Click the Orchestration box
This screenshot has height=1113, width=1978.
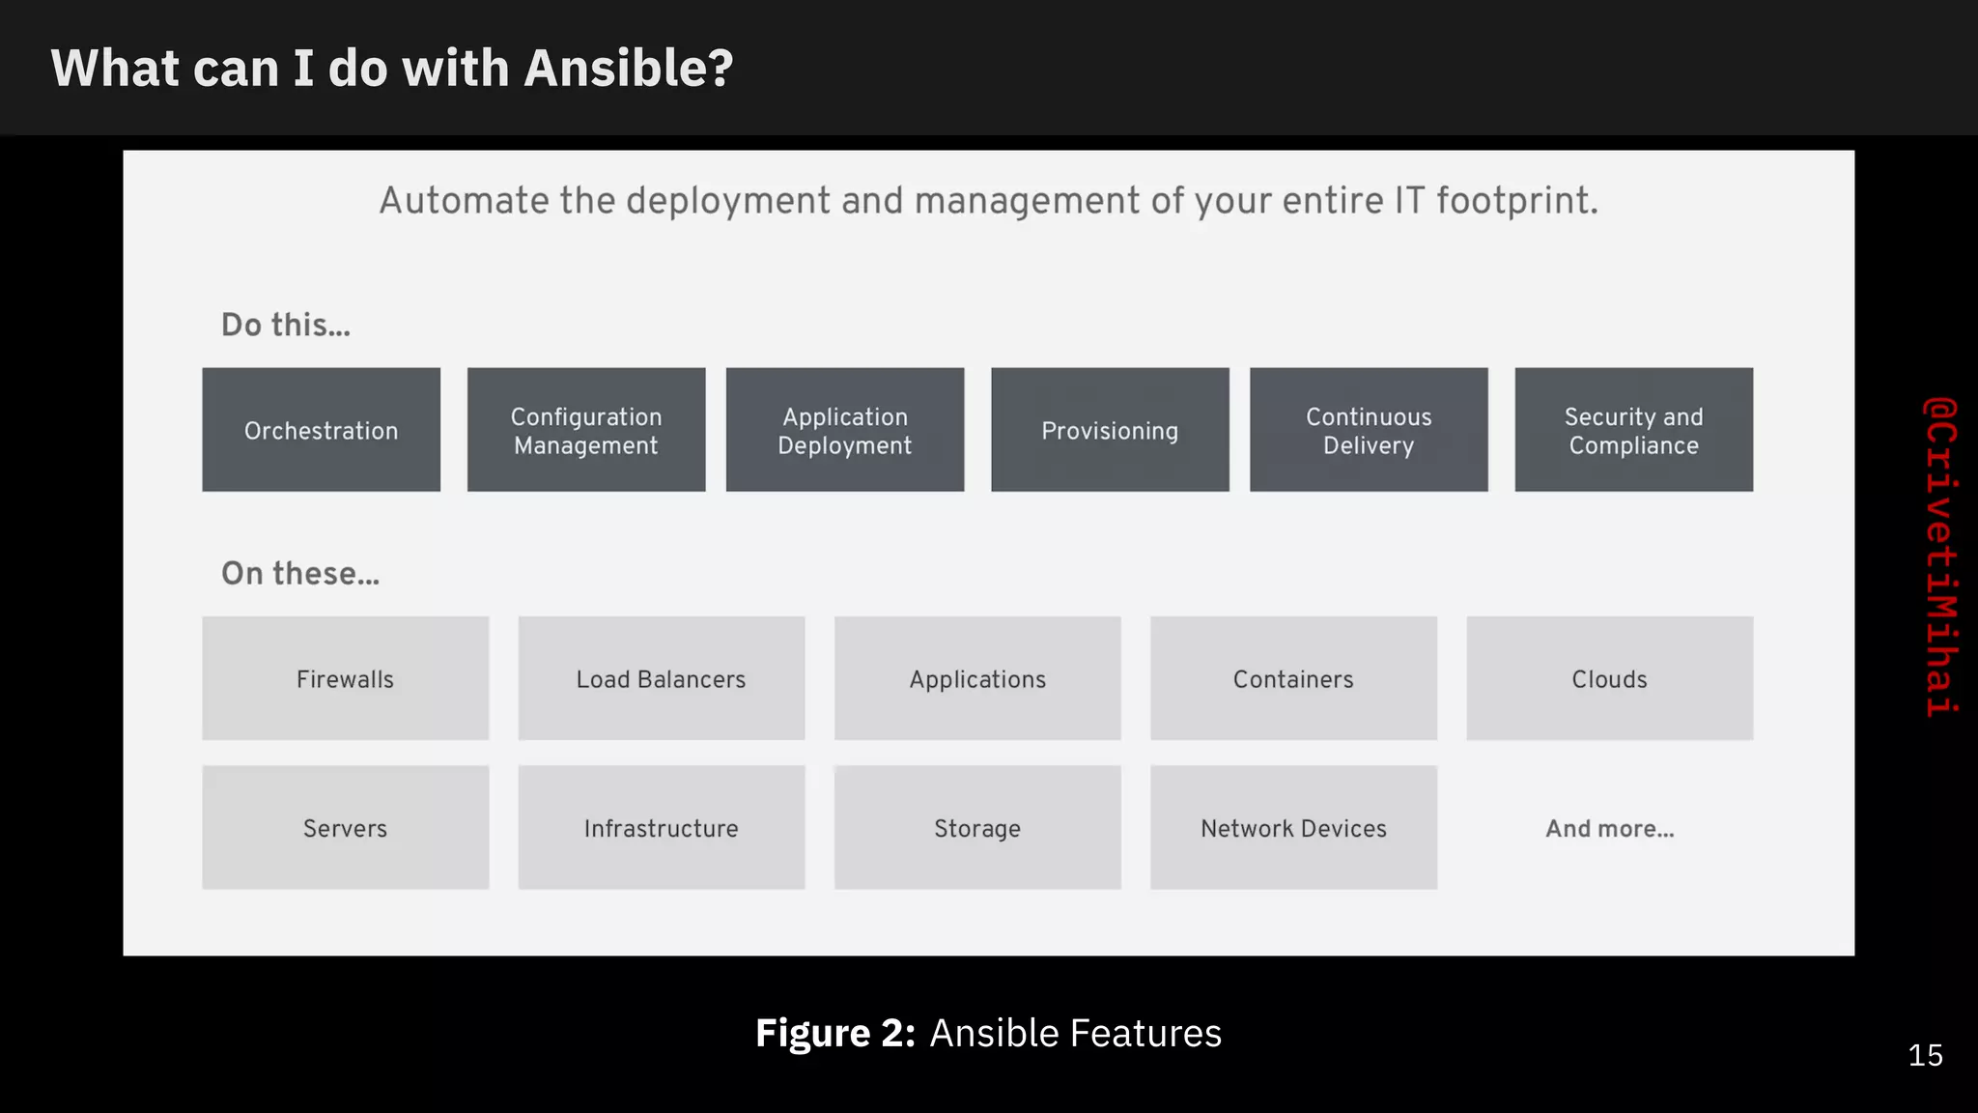coord(321,430)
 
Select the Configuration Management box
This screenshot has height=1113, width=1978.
coord(586,430)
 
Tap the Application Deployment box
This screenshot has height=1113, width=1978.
coord(845,430)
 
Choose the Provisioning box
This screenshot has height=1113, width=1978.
coord(1110,430)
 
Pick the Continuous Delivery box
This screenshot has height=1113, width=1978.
coord(1369,430)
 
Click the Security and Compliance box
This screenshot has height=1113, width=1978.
coord(1633,430)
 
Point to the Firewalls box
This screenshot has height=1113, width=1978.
coord(345,678)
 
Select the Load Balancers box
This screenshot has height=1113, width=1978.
coord(662,678)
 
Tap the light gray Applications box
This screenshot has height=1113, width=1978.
coord(977,678)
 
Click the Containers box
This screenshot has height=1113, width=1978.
coord(1293,678)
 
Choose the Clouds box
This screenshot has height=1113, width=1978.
coord(1609,678)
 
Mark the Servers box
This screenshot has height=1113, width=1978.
coord(345,827)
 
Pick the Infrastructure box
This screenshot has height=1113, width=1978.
coord(662,827)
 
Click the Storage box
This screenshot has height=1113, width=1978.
coord(977,827)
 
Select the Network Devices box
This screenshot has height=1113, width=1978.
coord(1293,827)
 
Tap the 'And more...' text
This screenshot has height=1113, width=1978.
coord(1609,828)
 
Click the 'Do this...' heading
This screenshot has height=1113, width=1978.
coord(286,325)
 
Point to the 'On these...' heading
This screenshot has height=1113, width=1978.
coord(300,573)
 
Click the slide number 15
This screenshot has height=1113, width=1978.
coord(1925,1055)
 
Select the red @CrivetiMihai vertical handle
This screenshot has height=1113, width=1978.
coord(1940,556)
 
